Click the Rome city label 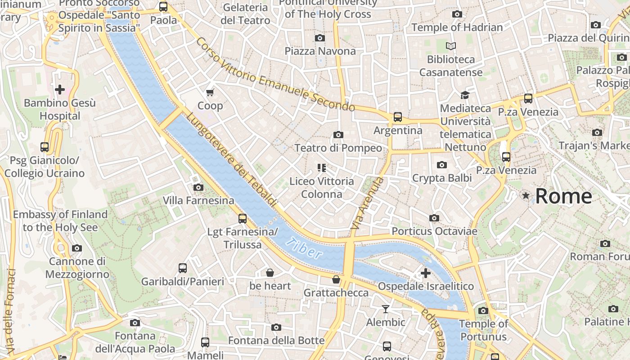click(563, 196)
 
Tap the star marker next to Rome click(526, 196)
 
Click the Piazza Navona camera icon click(320, 38)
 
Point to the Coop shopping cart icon click(210, 93)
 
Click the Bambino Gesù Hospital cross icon click(60, 90)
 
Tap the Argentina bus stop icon click(398, 117)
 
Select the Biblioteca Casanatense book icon click(450, 46)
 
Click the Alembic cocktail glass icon click(386, 309)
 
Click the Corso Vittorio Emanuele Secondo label click(275, 75)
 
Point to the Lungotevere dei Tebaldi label click(231, 160)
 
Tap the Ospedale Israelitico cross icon click(425, 273)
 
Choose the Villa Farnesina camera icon click(198, 187)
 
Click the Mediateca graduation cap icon click(465, 95)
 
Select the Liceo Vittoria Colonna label click(321, 188)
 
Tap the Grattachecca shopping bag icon click(336, 280)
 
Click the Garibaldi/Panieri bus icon click(183, 268)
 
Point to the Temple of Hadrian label click(457, 27)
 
